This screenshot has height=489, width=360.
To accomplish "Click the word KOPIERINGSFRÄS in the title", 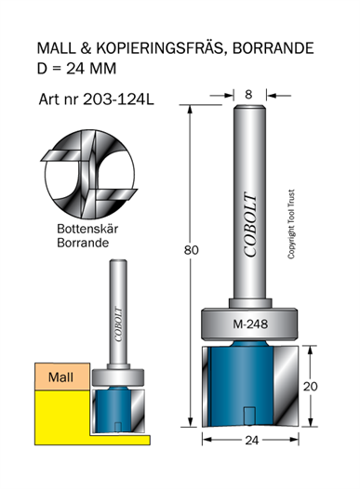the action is coord(161,48).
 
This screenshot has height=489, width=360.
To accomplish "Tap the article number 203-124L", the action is coord(118,99).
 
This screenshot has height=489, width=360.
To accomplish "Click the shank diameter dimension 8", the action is coord(248,94).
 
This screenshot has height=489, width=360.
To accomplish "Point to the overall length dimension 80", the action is coord(191,250).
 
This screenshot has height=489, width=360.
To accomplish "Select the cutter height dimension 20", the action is coord(311,387).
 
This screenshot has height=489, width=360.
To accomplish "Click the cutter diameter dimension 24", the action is coord(252,441).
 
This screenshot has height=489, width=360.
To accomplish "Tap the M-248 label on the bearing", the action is coord(250,324).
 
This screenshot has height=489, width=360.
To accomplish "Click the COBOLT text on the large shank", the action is coord(250,224).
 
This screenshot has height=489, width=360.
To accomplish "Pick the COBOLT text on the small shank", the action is coord(118,324).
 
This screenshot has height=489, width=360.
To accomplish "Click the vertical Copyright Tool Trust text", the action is coord(291,224).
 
